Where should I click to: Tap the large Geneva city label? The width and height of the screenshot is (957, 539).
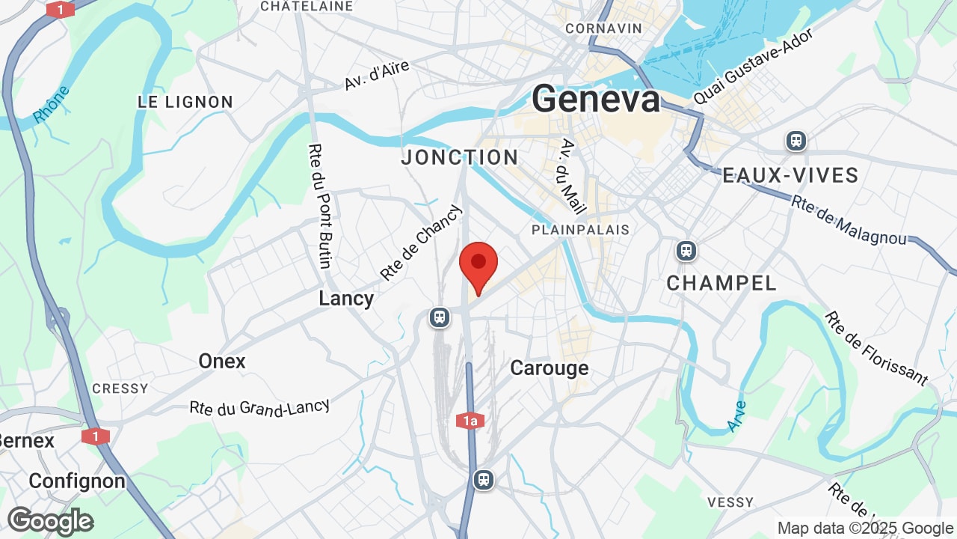tap(597, 99)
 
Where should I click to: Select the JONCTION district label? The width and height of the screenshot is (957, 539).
tap(460, 157)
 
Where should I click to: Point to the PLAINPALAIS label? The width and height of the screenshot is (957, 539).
tap(581, 230)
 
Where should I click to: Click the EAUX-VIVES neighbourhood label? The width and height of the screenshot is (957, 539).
tap(790, 176)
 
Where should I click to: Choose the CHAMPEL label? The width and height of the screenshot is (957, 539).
tap(721, 283)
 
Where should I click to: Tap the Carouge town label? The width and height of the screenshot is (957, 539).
tap(549, 368)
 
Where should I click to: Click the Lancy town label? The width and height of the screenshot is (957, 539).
tap(346, 299)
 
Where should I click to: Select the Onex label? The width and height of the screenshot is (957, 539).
tap(222, 362)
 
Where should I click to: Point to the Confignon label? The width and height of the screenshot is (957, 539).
tap(77, 481)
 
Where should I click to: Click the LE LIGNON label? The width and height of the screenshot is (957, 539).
tap(185, 102)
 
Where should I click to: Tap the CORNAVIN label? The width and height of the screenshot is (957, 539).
tap(604, 28)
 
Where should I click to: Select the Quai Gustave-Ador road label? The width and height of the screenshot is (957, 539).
tap(753, 67)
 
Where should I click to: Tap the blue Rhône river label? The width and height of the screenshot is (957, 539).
tap(52, 104)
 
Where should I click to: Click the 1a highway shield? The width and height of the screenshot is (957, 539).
tap(470, 421)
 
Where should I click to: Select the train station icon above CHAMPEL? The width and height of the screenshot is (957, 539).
tap(686, 251)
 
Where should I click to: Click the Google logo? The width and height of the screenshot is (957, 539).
tap(50, 521)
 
